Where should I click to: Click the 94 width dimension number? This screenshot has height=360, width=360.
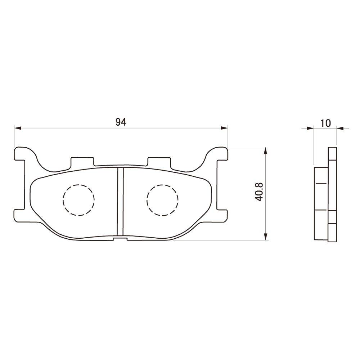pos(121,122)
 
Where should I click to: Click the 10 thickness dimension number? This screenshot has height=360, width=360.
pos(325,123)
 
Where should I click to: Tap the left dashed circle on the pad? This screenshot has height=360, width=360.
pos(78,200)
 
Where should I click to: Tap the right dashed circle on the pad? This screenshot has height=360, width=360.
pos(163,200)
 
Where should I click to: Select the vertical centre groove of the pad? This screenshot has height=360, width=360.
pos(121,202)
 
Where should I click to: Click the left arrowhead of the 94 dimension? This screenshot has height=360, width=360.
pos(17,127)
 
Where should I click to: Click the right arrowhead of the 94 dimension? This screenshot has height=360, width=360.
pos(225,127)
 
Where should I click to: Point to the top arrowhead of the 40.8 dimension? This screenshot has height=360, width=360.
pos(266,150)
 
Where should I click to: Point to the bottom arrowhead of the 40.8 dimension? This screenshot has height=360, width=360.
pos(266,237)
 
